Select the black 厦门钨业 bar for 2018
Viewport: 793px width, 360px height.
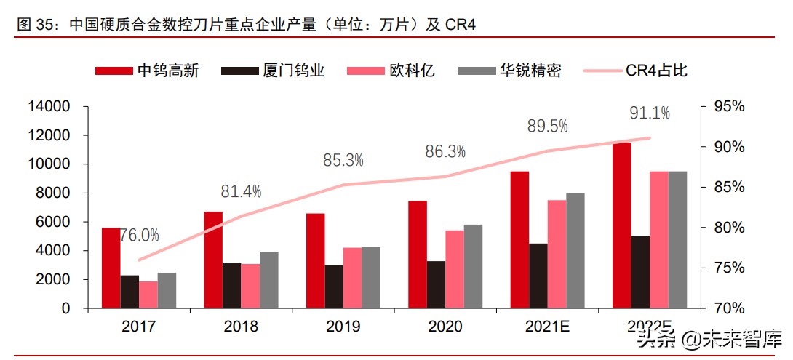[x=231, y=286]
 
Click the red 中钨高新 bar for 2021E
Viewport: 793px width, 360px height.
[x=519, y=240]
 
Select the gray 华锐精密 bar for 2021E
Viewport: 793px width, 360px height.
[x=575, y=250]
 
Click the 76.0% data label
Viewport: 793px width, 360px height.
[x=139, y=235]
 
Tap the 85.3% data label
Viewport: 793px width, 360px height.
[x=343, y=159]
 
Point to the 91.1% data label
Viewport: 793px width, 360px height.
[x=650, y=113]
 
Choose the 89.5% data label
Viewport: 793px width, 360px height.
[x=547, y=126]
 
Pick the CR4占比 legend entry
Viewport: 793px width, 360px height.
[x=634, y=71]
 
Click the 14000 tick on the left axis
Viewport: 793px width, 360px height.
[x=49, y=107]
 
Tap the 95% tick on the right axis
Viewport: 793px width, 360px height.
[x=728, y=107]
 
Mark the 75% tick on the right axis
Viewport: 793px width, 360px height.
[x=728, y=268]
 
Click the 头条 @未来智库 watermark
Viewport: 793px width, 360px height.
[x=709, y=339]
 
